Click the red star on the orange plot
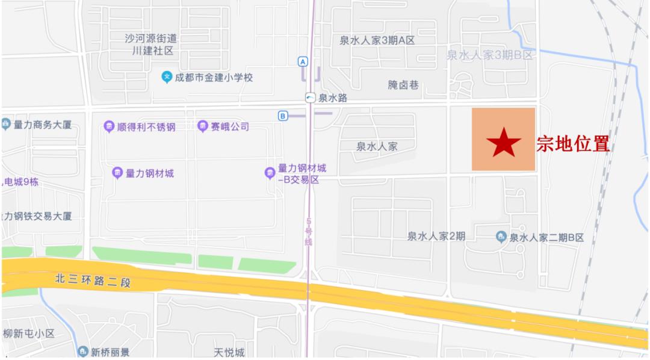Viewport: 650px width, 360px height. [x=504, y=143]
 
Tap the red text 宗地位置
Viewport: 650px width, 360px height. [x=573, y=144]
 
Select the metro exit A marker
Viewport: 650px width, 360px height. [x=303, y=61]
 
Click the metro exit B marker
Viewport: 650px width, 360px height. [x=282, y=116]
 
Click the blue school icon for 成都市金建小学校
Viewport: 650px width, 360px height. [x=167, y=77]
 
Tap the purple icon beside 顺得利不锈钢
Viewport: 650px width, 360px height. [x=108, y=126]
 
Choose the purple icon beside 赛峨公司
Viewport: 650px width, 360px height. [x=203, y=126]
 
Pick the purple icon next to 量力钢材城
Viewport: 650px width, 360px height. [x=117, y=173]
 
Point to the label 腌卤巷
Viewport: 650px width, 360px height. [x=403, y=85]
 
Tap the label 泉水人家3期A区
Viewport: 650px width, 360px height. [x=377, y=40]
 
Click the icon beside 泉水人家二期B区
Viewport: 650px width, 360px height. [x=501, y=237]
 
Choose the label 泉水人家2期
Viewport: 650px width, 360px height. [x=436, y=237]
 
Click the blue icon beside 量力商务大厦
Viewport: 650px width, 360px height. [x=6, y=125]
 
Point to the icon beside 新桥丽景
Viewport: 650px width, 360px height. [x=82, y=352]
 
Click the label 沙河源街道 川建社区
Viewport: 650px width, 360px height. [x=151, y=45]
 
